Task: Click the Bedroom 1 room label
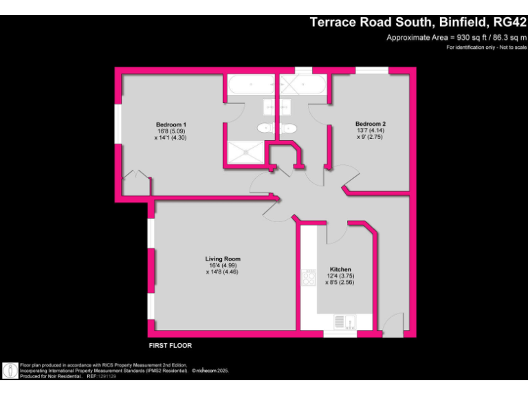(170, 124)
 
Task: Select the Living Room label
(223, 259)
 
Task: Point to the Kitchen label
(340, 269)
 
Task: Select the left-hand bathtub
(251, 85)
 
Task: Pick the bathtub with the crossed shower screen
(302, 85)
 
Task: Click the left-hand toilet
(264, 128)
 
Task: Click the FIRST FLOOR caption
(170, 345)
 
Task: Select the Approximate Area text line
(456, 37)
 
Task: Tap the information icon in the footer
(11, 370)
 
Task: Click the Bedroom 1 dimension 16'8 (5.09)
(170, 131)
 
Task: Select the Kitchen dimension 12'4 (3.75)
(340, 276)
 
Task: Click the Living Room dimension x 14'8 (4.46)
(223, 272)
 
